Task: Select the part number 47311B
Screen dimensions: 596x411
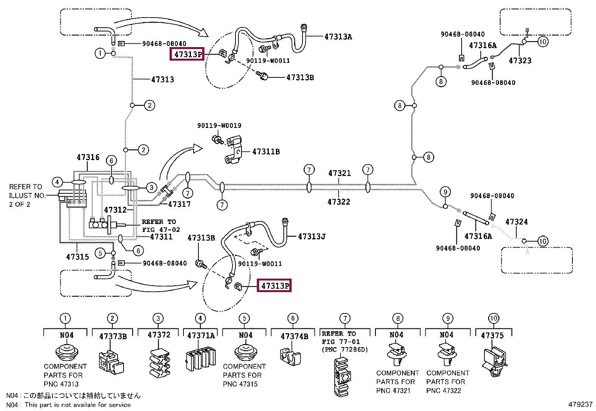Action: [266, 151]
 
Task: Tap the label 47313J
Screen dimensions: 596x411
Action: [311, 236]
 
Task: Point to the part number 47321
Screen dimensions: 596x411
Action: [339, 173]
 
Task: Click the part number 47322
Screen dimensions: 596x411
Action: [339, 202]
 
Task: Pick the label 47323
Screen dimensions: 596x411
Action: [520, 61]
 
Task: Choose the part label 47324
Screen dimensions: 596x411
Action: [516, 221]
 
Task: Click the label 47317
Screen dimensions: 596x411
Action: [179, 204]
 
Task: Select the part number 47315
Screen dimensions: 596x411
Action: [77, 257]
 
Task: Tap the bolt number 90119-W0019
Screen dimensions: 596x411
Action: [219, 126]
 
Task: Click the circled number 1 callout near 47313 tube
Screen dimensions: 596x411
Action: [100, 53]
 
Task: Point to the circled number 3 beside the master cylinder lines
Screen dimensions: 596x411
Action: [151, 188]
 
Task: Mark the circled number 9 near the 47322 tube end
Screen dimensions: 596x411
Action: [445, 192]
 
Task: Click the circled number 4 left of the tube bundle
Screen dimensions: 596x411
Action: [57, 183]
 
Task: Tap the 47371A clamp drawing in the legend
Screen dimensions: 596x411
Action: [200, 359]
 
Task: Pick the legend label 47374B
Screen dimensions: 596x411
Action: [294, 337]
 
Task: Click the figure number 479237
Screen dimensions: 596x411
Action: [580, 404]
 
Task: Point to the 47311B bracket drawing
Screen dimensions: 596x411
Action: [233, 150]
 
